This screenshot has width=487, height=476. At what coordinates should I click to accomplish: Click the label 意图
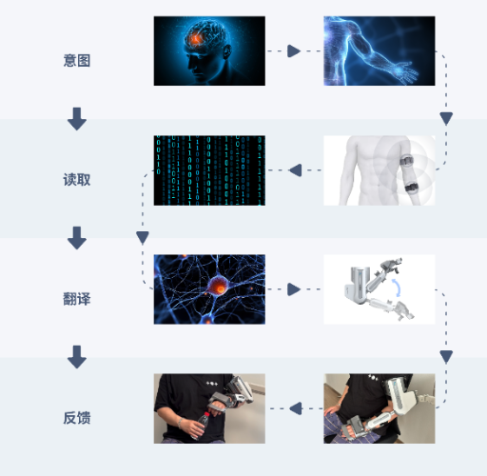point(77,60)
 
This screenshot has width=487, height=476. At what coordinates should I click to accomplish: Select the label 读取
point(77,180)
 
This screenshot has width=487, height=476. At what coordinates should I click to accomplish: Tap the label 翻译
point(77,299)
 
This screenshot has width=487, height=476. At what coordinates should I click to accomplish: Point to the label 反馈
point(77,418)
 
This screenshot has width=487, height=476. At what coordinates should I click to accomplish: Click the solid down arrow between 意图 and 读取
point(77,119)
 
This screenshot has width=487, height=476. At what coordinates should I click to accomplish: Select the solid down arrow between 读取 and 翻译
point(77,238)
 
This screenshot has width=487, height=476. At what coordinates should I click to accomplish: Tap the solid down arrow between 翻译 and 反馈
point(77,357)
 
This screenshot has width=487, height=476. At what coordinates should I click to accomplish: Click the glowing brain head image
point(209,50)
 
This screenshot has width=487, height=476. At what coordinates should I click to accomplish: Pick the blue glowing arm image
point(380,50)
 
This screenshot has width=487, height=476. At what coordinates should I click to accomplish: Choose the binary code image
point(209,170)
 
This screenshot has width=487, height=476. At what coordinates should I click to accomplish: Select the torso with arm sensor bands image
point(380,170)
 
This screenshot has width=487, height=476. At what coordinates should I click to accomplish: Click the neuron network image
point(209,289)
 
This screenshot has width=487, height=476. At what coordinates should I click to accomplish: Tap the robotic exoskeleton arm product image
point(380,289)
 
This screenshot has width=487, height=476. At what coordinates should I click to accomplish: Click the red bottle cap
point(206,414)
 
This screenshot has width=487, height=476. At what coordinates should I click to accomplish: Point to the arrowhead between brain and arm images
point(294,50)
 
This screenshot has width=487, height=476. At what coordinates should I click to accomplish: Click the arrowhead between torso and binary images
point(295,170)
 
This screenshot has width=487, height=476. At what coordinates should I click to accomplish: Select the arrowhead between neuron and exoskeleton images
point(294,289)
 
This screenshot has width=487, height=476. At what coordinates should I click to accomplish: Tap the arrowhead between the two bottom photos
point(296,408)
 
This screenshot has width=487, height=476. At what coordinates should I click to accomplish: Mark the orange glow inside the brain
point(196,39)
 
